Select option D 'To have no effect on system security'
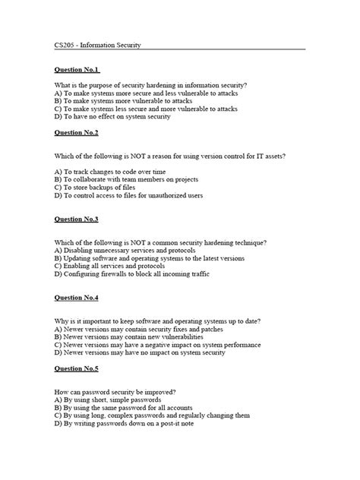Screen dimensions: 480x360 click(112, 117)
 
